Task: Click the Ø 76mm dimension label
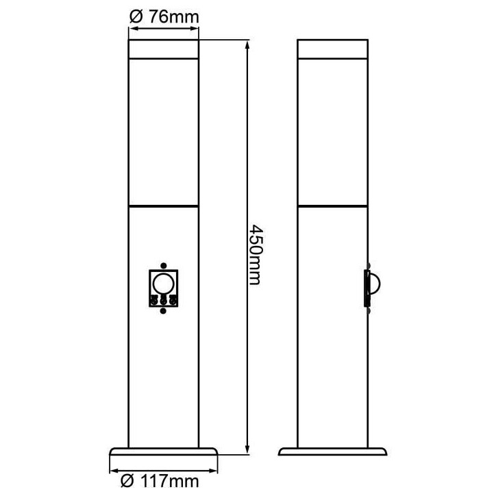point(164,16)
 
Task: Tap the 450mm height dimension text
point(255,255)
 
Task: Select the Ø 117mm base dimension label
point(160,482)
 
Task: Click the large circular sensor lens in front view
point(163,284)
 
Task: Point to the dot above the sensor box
point(163,265)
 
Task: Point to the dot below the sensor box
point(163,311)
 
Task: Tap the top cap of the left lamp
point(164,49)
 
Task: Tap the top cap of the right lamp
point(333,49)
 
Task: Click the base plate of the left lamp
point(164,451)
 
